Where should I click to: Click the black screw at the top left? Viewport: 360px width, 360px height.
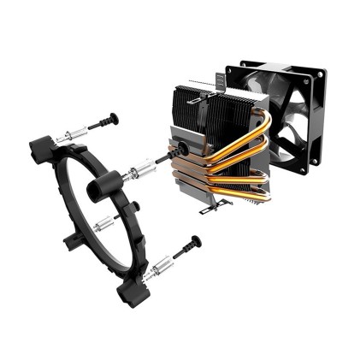(x=102, y=121)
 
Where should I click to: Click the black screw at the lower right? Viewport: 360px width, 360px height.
(x=186, y=248)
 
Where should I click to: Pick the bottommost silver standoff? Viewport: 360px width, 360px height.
(x=156, y=273)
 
